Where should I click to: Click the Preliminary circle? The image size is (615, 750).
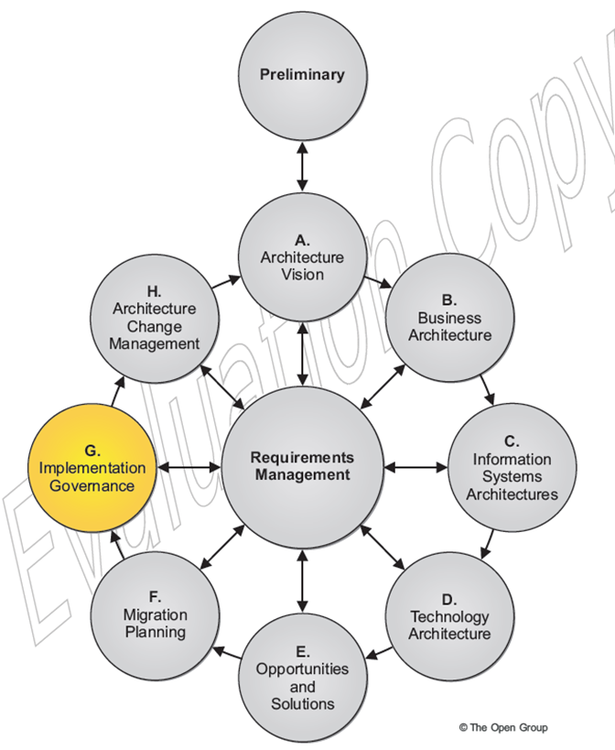pyautogui.click(x=302, y=75)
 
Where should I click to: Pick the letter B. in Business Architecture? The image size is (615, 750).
pyautogui.click(x=449, y=299)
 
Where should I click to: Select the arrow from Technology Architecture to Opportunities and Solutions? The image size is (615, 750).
pyautogui.click(x=381, y=653)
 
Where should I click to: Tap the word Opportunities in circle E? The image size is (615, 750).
pyautogui.click(x=302, y=669)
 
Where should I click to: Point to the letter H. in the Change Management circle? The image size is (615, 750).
pyautogui.click(x=154, y=292)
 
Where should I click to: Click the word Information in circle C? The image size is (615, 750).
pyautogui.click(x=512, y=459)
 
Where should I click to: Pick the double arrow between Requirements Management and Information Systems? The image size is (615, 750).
pyautogui.click(x=413, y=467)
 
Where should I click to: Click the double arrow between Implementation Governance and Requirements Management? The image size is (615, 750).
pyautogui.click(x=190, y=467)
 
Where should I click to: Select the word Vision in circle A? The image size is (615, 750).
pyautogui.click(x=302, y=275)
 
